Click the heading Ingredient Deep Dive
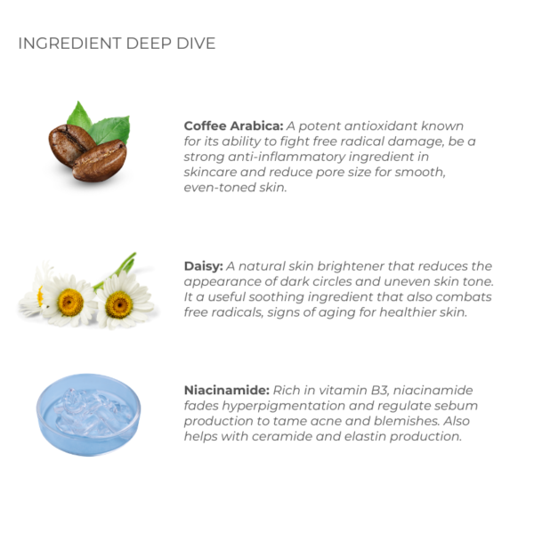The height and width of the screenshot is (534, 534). tap(117, 44)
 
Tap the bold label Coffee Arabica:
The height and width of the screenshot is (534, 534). tap(233, 126)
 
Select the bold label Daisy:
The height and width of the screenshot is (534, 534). tap(204, 266)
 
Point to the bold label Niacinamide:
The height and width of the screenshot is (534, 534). tap(227, 391)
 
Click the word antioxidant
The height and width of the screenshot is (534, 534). tap(380, 126)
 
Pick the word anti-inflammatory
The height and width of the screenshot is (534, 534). tap(287, 157)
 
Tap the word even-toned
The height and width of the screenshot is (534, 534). tap(220, 187)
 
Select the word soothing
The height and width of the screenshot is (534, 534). tap(276, 297)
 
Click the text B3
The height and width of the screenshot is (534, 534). tap(379, 391)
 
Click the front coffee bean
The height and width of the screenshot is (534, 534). tap(100, 161)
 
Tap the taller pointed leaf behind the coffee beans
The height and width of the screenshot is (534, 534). tap(79, 116)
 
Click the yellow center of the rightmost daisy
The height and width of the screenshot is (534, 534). tap(119, 304)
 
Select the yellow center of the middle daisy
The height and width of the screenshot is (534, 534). tap(70, 302)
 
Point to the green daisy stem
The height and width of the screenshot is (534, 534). tap(117, 269)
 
